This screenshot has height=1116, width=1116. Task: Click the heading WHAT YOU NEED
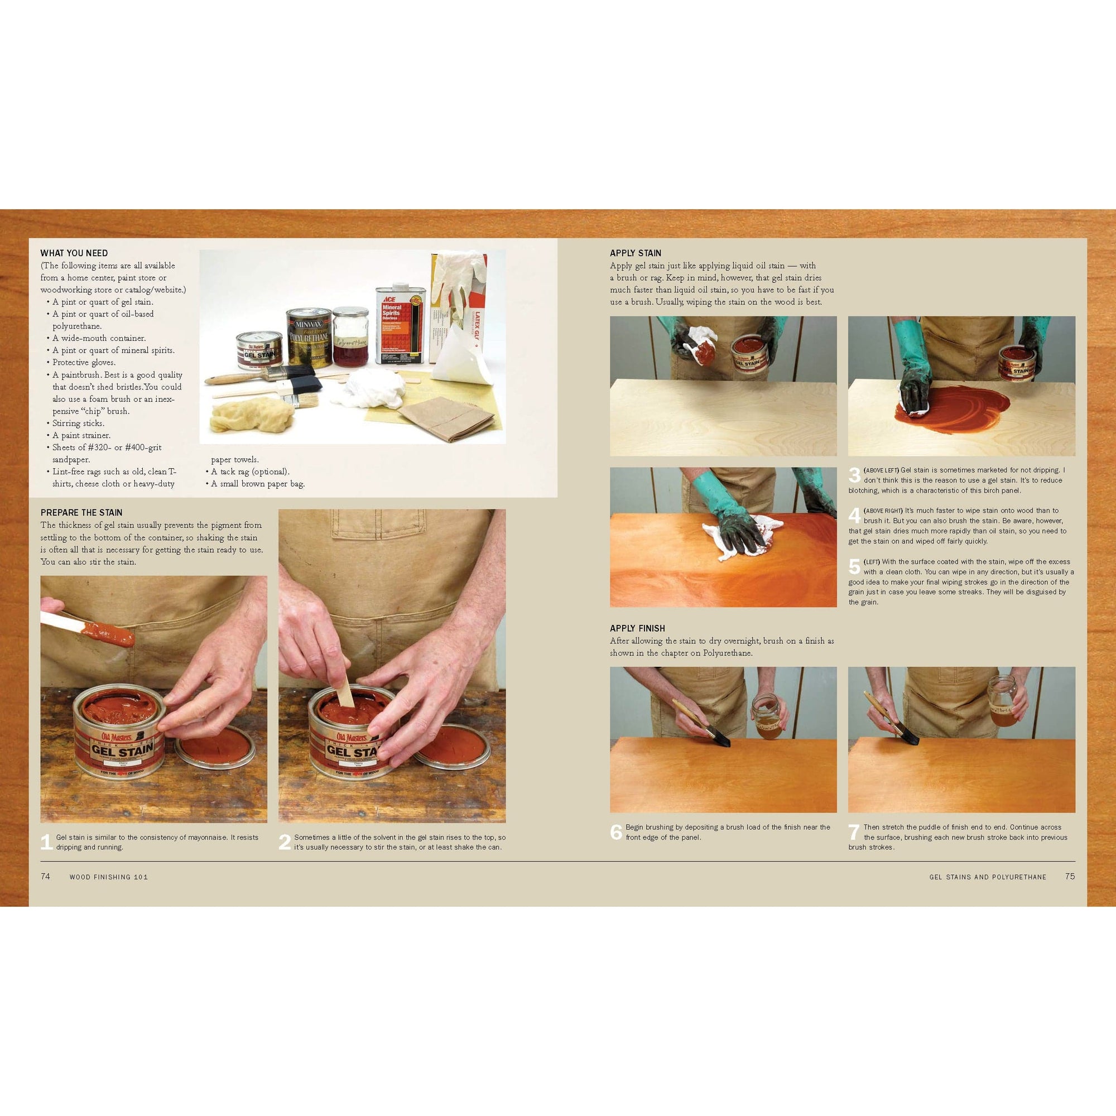pos(74,253)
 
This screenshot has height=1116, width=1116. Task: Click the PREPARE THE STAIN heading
pos(81,512)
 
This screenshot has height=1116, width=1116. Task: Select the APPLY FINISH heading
pos(637,628)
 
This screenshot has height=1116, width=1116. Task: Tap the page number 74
pos(46,876)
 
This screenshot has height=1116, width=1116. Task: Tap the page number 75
pos(1070,876)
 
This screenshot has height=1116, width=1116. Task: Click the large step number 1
pos(47,841)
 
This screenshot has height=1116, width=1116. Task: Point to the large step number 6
pos(617,832)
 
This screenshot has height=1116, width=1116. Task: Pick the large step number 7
pos(854,832)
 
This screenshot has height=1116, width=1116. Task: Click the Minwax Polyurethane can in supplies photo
pos(310,338)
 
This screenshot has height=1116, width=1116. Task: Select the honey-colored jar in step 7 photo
pos(1004,702)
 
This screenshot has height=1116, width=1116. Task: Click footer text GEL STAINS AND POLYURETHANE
pos(987,877)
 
